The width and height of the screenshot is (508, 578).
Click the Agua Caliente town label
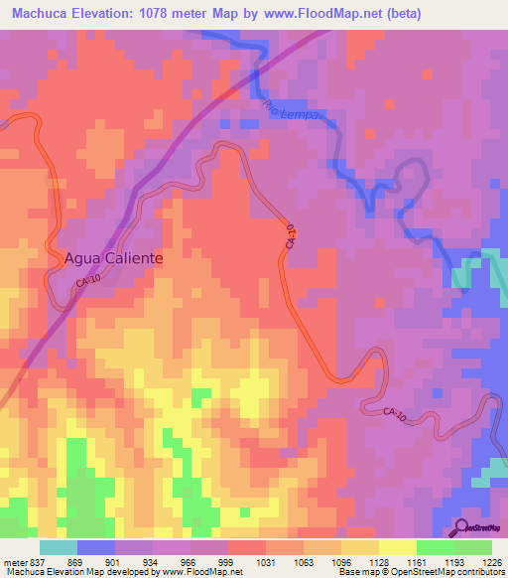pyautogui.click(x=113, y=256)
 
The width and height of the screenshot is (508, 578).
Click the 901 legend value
pyautogui.click(x=112, y=562)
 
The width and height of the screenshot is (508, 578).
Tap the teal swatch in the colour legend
pyautogui.click(x=59, y=547)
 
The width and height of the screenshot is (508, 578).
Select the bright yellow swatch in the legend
pyautogui.click(x=398, y=547)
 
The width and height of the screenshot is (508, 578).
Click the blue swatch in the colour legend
pyautogui.click(x=96, y=547)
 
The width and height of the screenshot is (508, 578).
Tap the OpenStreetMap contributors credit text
pyautogui.click(x=450, y=572)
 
